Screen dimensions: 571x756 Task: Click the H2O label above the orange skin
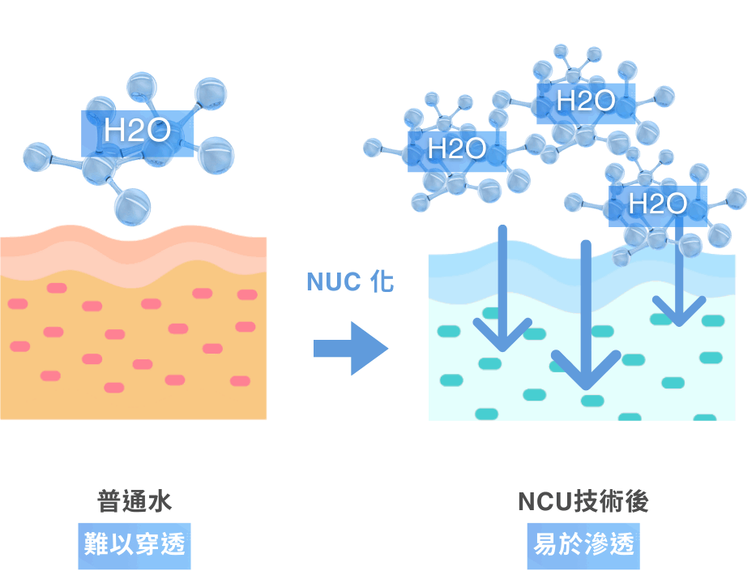(137, 132)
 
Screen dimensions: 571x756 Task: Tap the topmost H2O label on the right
(586, 101)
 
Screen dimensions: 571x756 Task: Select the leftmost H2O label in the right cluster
(456, 148)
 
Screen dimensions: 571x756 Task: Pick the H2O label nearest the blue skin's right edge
(657, 204)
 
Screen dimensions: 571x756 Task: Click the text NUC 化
(350, 282)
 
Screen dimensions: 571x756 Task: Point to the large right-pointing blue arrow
(351, 348)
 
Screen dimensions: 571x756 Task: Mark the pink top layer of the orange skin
(134, 246)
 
